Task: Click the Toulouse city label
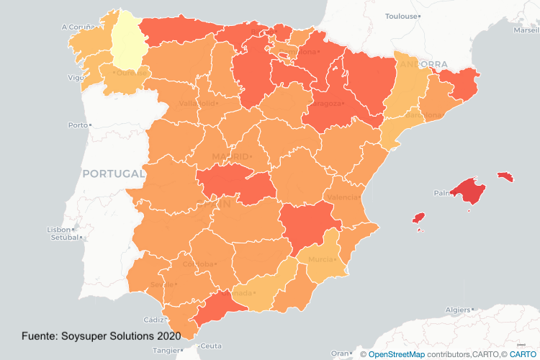pyautogui.click(x=402, y=15)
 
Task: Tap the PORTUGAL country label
pyautogui.click(x=114, y=174)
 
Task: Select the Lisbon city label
pyautogui.click(x=58, y=230)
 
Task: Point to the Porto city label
pyautogui.click(x=76, y=125)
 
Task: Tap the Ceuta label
pyautogui.click(x=210, y=346)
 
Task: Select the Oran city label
pyautogui.click(x=338, y=353)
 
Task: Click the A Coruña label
pyautogui.click(x=74, y=27)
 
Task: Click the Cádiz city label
pyautogui.click(x=153, y=319)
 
